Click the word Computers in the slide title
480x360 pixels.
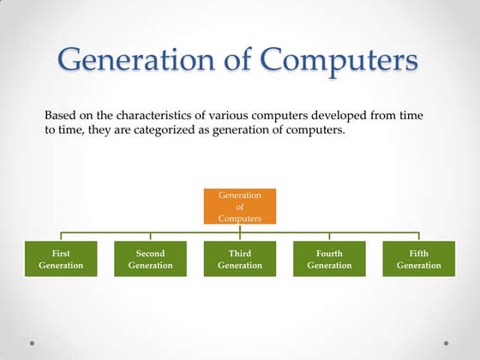tap(339, 61)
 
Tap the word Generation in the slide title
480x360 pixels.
tap(138, 61)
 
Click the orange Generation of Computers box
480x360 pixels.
tap(240, 207)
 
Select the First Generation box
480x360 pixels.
tap(61, 259)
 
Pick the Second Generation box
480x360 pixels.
tap(150, 259)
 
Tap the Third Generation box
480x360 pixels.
tap(240, 259)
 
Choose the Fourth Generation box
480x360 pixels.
tap(329, 259)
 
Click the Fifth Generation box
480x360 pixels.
tap(418, 259)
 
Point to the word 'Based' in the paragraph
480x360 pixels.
tap(60, 115)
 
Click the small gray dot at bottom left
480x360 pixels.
tap(32, 344)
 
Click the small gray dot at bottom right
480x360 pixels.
tap(447, 344)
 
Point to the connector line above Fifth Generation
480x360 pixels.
tap(418, 236)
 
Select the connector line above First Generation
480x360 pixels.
tap(61, 236)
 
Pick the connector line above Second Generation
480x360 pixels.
tap(150, 236)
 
